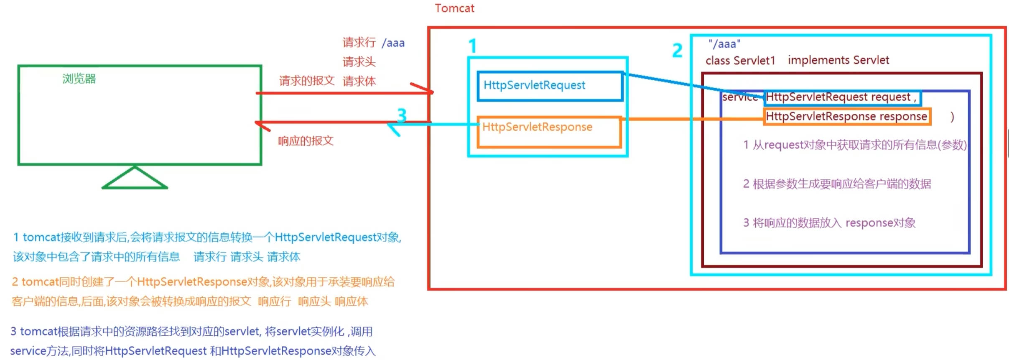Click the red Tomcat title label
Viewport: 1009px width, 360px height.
[x=454, y=8]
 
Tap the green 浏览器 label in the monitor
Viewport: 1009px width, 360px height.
[x=79, y=79]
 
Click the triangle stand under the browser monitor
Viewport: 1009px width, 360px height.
[x=135, y=179]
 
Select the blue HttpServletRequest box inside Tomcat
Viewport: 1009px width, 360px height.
[x=550, y=86]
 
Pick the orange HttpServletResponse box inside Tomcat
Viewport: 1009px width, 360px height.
[x=549, y=132]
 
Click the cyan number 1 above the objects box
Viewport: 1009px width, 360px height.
[x=473, y=46]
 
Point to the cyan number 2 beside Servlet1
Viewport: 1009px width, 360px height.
[x=677, y=51]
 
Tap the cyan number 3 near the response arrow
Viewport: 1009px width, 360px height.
[x=402, y=115]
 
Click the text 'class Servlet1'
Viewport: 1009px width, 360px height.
[x=740, y=61]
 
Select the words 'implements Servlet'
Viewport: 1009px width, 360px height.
[x=838, y=60]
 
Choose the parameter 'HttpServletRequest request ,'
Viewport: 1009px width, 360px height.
[x=841, y=97]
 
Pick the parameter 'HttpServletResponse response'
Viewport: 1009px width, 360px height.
[x=846, y=116]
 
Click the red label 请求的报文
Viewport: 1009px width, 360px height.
[x=307, y=81]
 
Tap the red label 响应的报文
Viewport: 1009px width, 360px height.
[x=306, y=141]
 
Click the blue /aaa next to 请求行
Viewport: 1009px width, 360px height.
[x=393, y=43]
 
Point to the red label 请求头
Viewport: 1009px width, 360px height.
[x=359, y=62]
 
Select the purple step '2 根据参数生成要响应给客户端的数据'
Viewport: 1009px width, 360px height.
[x=837, y=184]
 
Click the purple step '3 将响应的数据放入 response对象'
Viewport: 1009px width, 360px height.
[x=829, y=223]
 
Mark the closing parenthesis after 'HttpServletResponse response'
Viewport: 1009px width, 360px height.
[x=952, y=117]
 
